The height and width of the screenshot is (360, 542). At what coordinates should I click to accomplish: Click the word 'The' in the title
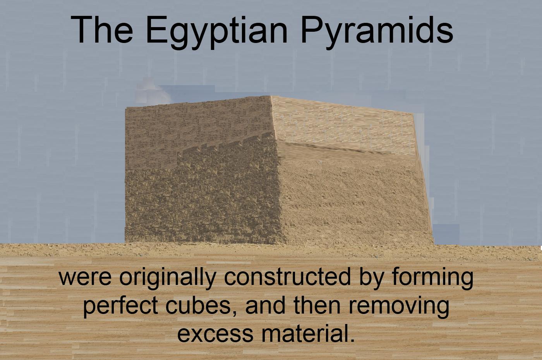[x=102, y=30]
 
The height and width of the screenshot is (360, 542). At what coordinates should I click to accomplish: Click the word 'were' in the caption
[x=85, y=278]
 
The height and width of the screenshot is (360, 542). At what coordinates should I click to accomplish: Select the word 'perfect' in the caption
[x=120, y=306]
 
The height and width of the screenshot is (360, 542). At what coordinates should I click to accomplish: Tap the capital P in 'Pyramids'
[x=312, y=30]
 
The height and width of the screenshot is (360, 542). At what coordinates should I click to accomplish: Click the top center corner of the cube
[x=270, y=96]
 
